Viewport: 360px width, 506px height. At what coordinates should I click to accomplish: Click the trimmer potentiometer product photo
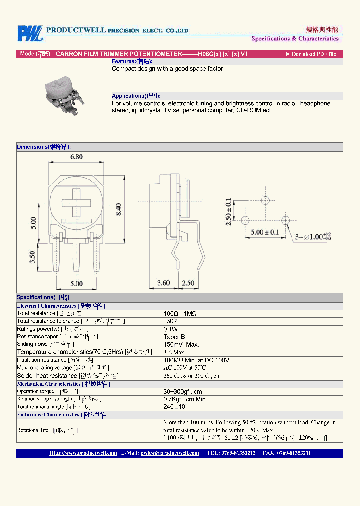tap(61, 96)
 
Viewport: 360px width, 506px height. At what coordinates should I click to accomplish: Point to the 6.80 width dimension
tap(76, 157)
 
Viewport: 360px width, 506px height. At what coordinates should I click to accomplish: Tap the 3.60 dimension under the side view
tap(163, 283)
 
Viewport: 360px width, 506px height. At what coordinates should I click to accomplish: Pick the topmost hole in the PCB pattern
tap(265, 200)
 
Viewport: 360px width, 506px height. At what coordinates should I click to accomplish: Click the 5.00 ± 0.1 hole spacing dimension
tap(264, 232)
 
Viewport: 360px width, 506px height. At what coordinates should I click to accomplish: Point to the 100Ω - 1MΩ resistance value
tap(180, 313)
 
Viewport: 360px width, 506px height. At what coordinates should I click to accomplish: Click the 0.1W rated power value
tap(171, 329)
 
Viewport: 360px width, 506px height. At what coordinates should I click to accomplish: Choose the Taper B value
tap(174, 337)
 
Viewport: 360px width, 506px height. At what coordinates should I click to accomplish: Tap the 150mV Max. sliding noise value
tap(181, 344)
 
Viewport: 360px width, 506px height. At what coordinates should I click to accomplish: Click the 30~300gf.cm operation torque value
tap(183, 392)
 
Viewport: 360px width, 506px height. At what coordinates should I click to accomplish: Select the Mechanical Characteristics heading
tap(63, 384)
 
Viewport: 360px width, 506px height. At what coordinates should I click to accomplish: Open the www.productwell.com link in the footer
tap(83, 453)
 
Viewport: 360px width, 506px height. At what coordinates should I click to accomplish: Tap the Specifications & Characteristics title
tap(295, 39)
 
